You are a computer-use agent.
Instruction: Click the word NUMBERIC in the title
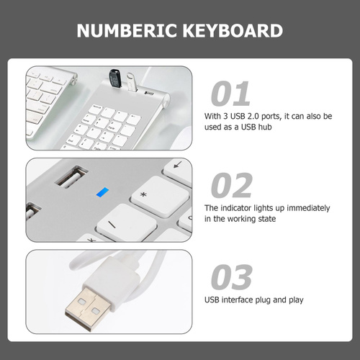(127, 30)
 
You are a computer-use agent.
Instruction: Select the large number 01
(230, 94)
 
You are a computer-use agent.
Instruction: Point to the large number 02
(232, 185)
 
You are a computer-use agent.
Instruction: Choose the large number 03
(232, 276)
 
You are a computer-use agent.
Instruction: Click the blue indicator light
(102, 192)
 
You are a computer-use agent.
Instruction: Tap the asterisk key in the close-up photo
(161, 196)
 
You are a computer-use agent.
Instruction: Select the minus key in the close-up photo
(127, 222)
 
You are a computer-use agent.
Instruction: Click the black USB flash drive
(115, 78)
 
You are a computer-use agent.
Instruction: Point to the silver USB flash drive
(131, 82)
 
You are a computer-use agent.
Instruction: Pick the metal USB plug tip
(88, 309)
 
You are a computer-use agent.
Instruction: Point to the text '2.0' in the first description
(253, 116)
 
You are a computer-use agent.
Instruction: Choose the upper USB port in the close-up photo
(71, 176)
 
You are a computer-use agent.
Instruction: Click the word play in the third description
(296, 300)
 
